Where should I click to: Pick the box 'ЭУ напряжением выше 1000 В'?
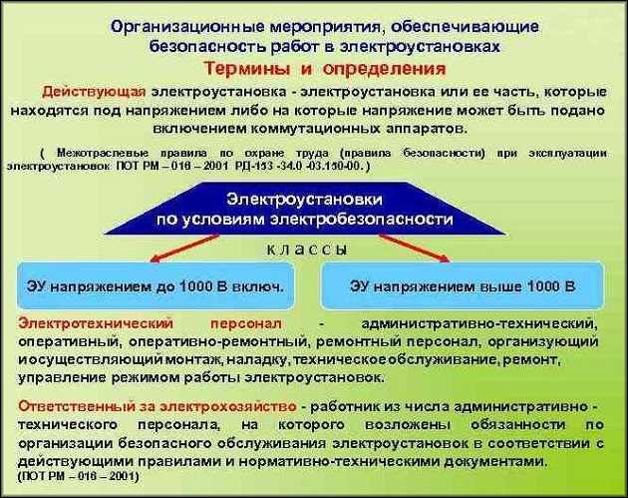click(x=463, y=286)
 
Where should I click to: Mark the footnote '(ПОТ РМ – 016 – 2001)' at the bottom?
click(x=80, y=477)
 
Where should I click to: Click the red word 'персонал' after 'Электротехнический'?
click(x=253, y=324)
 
